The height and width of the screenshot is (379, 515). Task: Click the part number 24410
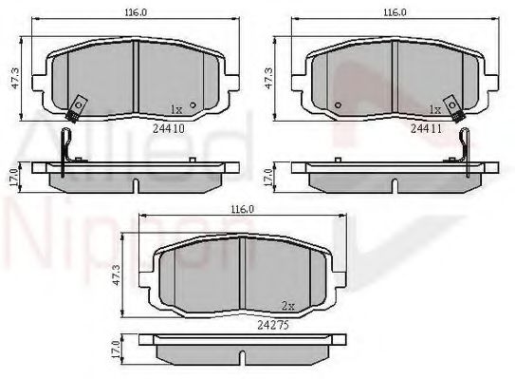[169, 128]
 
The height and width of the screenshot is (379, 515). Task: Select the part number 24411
[426, 128]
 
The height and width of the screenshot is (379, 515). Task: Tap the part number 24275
[273, 325]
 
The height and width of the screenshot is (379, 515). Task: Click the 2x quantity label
[288, 306]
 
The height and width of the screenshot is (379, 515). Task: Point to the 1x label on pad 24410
[176, 109]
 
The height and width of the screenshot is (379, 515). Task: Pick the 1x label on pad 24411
[435, 109]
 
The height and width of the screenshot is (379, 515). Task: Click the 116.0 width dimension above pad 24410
[136, 12]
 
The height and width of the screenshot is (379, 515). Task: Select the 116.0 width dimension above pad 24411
[395, 12]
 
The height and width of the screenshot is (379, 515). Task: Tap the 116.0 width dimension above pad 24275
[243, 209]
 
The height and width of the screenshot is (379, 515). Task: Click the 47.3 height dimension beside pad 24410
[15, 78]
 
